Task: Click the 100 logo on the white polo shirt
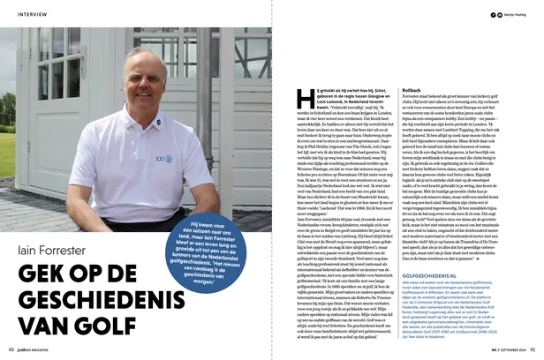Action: pyautogui.click(x=165, y=160)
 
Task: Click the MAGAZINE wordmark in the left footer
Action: pyautogui.click(x=54, y=349)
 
